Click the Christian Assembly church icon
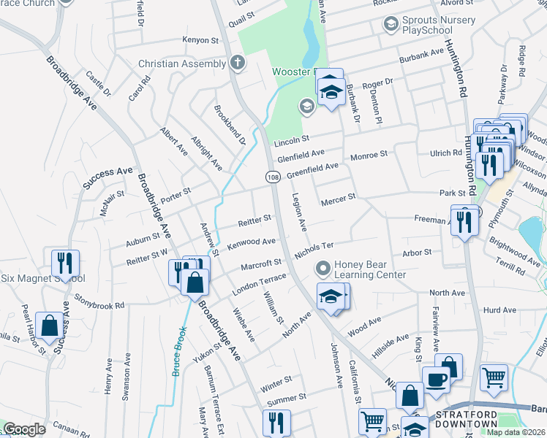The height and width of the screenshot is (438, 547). tap(237, 64)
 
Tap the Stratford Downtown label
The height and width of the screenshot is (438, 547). tap(467, 419)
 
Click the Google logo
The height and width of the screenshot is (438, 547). tap(25, 429)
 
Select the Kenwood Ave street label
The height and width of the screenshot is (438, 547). tap(251, 242)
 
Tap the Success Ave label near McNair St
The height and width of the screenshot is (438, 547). tap(107, 177)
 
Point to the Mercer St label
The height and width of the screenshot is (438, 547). tap(337, 197)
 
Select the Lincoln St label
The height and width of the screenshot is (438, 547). tap(293, 137)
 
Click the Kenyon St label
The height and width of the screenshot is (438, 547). tap(201, 41)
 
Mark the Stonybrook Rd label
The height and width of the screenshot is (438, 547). tap(99, 301)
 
